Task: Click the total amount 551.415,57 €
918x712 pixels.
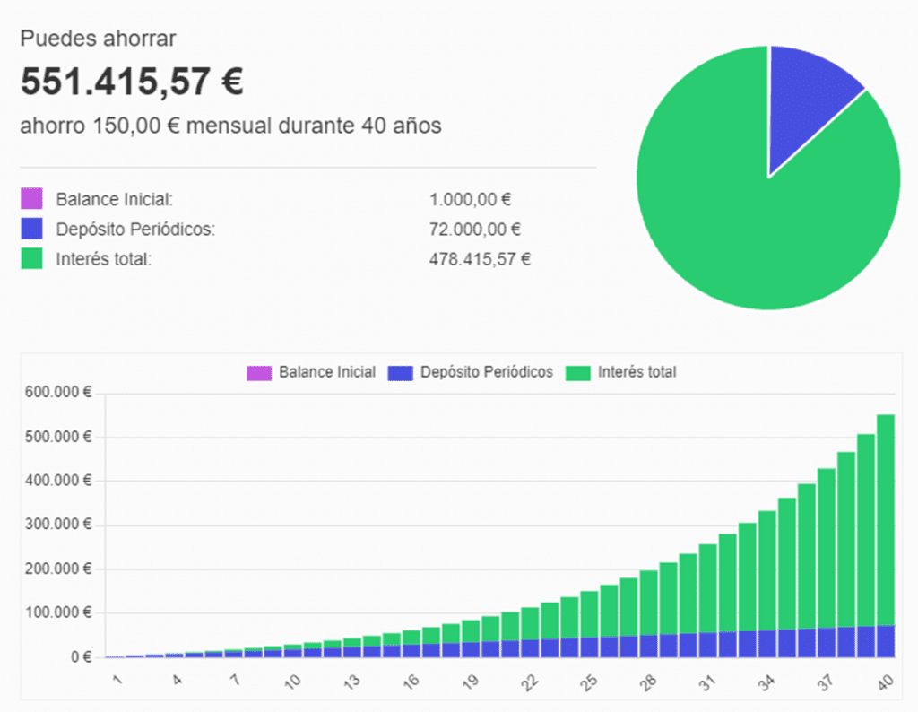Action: coord(132,82)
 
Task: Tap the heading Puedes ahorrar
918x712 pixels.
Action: coord(99,39)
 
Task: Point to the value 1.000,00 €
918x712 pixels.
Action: coord(471,200)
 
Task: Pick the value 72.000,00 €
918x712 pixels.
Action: coord(475,230)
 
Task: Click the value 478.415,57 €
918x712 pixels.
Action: coord(480,260)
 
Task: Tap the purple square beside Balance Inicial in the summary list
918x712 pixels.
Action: coord(31,199)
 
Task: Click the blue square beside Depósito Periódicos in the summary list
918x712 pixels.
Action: coord(31,229)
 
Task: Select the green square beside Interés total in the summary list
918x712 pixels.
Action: coord(31,259)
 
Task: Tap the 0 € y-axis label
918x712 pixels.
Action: coord(82,657)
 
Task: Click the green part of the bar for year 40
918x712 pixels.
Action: coord(886,520)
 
